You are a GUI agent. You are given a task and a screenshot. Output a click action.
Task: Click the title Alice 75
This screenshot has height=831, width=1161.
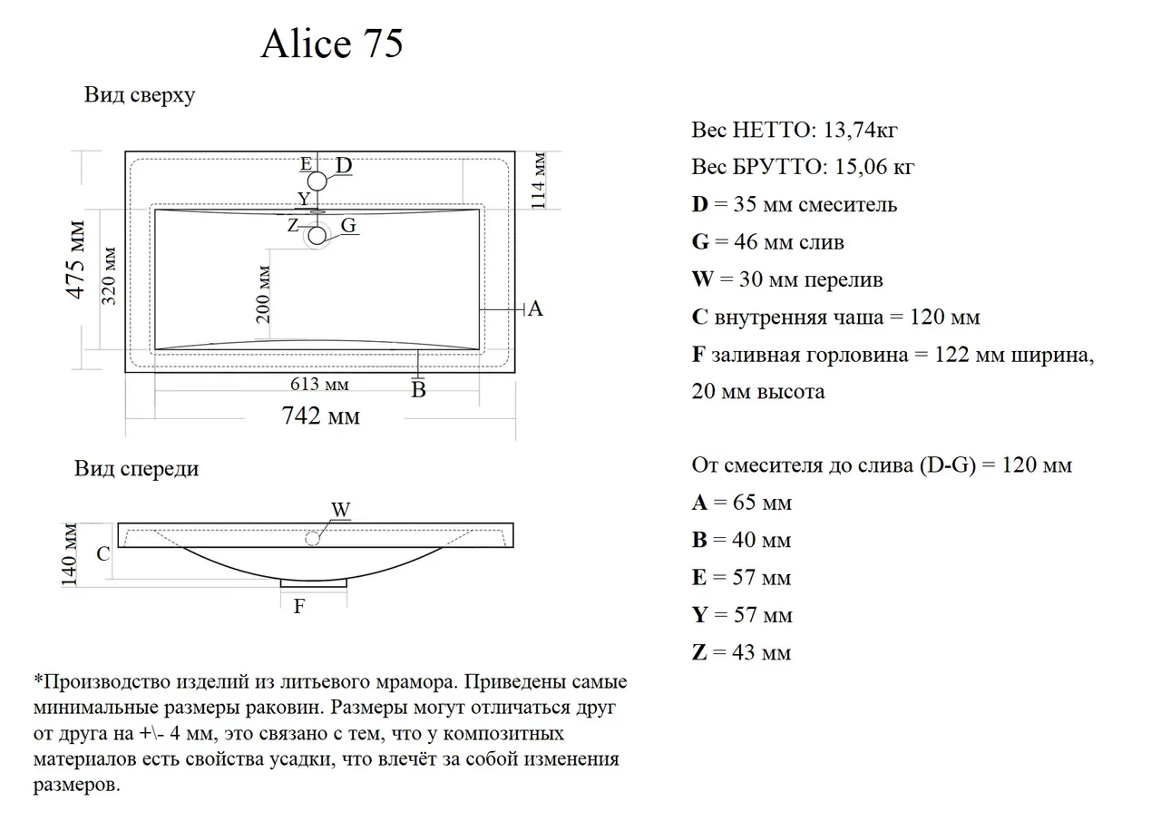tap(332, 43)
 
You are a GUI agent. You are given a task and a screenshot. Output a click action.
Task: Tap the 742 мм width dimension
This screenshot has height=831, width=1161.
tap(320, 415)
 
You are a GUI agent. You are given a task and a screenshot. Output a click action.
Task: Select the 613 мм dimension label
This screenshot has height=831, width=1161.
tap(319, 384)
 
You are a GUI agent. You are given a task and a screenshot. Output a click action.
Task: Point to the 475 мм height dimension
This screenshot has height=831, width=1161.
tap(75, 259)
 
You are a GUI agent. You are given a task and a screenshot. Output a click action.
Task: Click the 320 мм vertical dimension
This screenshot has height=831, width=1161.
tap(108, 276)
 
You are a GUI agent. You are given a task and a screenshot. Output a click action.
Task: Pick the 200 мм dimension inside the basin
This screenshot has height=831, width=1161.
tap(263, 295)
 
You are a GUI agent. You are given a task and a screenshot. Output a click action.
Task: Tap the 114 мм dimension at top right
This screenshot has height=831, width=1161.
tap(539, 181)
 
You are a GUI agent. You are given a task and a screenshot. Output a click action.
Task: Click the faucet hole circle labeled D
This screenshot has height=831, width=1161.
tap(317, 181)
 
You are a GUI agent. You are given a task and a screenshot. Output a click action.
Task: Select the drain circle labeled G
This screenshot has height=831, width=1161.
tap(317, 236)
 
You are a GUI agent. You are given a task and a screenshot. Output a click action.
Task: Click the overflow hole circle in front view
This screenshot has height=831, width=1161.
tap(313, 539)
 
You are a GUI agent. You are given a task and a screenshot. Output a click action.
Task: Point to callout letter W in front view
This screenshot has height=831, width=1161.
tap(341, 510)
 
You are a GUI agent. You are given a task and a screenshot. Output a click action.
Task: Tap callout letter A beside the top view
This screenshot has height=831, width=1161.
tap(535, 309)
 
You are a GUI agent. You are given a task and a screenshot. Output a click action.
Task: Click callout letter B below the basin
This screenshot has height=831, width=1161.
tap(418, 390)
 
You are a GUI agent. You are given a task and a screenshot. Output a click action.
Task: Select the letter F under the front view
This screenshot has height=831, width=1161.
tap(299, 606)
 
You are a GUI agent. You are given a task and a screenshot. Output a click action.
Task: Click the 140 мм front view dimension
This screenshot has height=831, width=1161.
tap(69, 554)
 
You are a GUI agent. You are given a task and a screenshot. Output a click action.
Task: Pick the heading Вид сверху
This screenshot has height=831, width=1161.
tap(140, 95)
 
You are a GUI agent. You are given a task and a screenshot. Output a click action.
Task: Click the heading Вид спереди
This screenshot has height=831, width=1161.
tap(136, 469)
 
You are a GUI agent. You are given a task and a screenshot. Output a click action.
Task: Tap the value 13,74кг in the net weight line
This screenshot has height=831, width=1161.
tap(860, 130)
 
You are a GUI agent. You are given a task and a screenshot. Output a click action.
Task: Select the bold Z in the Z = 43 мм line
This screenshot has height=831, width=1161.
tap(699, 652)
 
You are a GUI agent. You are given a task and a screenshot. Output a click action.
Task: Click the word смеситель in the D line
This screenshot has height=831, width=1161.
tap(847, 205)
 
